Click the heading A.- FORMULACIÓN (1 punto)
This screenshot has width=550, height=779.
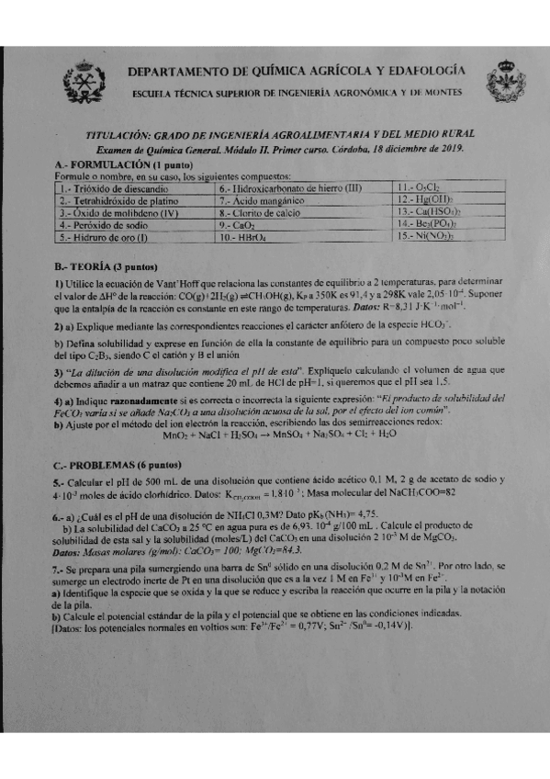(118, 164)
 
